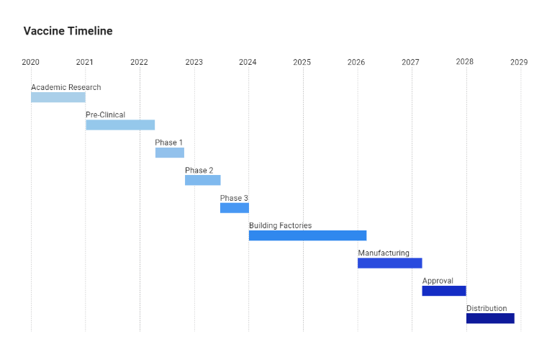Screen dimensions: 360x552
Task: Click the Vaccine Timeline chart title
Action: point(68,31)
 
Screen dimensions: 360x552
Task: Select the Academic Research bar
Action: point(58,97)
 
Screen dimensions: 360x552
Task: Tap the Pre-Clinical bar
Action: point(120,125)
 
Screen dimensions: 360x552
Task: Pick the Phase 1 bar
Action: point(170,153)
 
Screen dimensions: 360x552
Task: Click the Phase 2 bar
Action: point(202,180)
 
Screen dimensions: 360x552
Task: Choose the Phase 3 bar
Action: point(234,208)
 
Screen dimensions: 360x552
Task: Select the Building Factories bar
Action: point(307,235)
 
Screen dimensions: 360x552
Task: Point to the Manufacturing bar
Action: point(389,263)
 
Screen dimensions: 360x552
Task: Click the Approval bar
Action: point(443,291)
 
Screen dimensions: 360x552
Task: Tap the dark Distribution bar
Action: point(490,318)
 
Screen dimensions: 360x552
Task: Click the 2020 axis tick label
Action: point(30,62)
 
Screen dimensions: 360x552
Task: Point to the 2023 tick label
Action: point(194,62)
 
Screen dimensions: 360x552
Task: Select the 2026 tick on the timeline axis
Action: point(356,62)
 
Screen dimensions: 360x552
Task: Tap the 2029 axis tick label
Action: point(519,62)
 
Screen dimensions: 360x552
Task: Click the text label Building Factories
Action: point(280,225)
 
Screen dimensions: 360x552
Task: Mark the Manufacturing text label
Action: point(384,253)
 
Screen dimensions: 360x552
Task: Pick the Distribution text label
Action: point(487,308)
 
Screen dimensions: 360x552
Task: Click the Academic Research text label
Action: point(65,87)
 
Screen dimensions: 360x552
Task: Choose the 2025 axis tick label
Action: point(302,62)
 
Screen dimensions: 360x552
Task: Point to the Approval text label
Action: point(438,281)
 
